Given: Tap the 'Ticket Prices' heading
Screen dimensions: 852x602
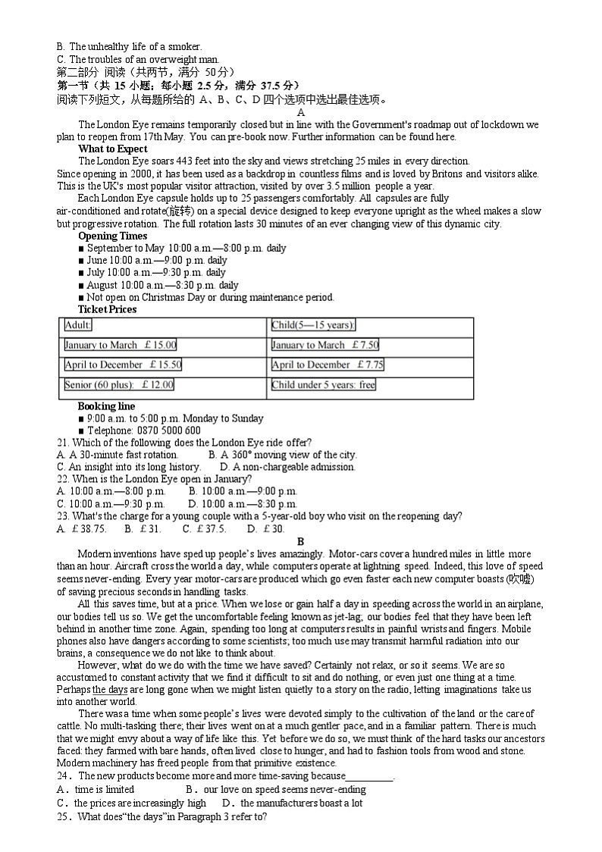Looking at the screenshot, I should [108, 309].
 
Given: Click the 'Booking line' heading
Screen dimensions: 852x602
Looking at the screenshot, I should [106, 406].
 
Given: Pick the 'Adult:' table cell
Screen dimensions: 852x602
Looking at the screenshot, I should [78, 325].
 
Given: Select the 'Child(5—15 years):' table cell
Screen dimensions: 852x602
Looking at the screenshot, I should [313, 325].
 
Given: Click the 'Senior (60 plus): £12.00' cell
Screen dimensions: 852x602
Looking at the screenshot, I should [119, 385].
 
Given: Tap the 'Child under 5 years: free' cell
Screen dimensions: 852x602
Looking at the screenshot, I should [324, 385].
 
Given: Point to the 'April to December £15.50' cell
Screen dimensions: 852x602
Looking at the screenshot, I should [123, 365].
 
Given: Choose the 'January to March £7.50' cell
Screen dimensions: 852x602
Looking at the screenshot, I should [325, 345].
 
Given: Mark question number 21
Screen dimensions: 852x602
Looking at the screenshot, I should [64, 443].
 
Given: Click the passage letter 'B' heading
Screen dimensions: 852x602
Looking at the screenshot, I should [300, 541].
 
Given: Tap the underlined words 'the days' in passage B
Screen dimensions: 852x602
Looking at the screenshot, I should [110, 689].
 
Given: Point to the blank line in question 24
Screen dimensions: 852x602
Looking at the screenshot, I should [369, 776].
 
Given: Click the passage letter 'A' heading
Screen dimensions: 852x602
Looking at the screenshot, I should [300, 112].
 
